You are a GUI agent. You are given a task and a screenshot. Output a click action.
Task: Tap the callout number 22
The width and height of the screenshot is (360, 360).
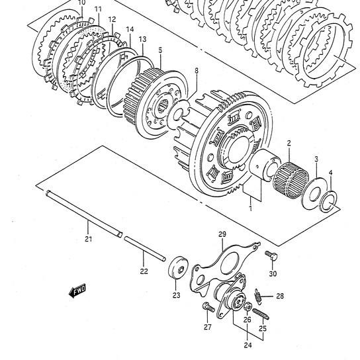click(144, 271)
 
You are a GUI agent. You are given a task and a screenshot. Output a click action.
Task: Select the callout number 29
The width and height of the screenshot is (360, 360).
click(222, 234)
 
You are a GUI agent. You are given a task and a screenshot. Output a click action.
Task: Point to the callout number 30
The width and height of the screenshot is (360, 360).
click(273, 273)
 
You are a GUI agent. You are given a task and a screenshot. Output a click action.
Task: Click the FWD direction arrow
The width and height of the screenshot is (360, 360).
click(78, 290)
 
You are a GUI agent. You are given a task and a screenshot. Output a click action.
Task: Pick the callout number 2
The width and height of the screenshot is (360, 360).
click(289, 143)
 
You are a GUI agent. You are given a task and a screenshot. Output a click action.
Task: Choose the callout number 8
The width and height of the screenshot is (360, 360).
click(196, 70)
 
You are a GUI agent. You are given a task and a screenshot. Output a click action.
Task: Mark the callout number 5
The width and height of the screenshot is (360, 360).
click(160, 50)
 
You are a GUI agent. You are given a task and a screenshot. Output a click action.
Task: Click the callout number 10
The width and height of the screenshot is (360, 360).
click(81, 3)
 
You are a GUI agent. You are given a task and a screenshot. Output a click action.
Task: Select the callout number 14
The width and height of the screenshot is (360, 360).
click(130, 29)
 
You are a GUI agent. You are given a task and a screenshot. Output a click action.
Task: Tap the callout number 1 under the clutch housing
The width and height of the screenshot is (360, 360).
click(250, 208)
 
